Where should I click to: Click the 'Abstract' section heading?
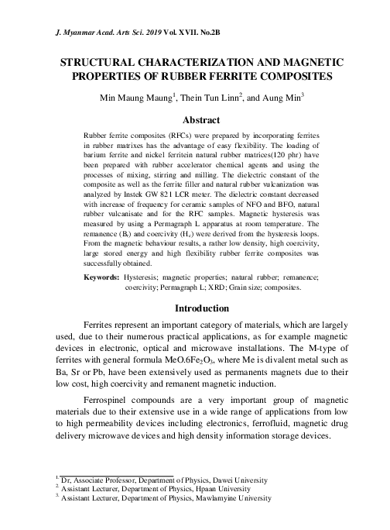(200, 120)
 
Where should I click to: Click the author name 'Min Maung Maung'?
(148, 98)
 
